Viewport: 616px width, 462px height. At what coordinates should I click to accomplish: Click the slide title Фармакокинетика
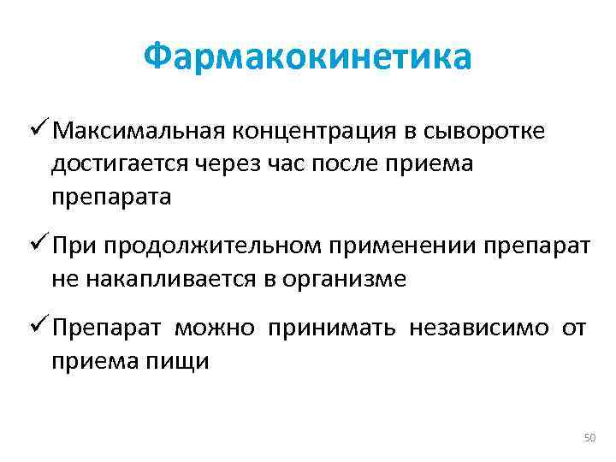pos(307,57)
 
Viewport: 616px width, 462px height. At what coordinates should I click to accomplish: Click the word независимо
pos(481,329)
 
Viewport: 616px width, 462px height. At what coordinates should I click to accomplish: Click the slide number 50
pos(589,438)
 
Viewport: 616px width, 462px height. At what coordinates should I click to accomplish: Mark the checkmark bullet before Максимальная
pos(38,131)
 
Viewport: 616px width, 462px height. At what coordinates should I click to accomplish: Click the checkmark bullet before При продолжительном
pos(38,246)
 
